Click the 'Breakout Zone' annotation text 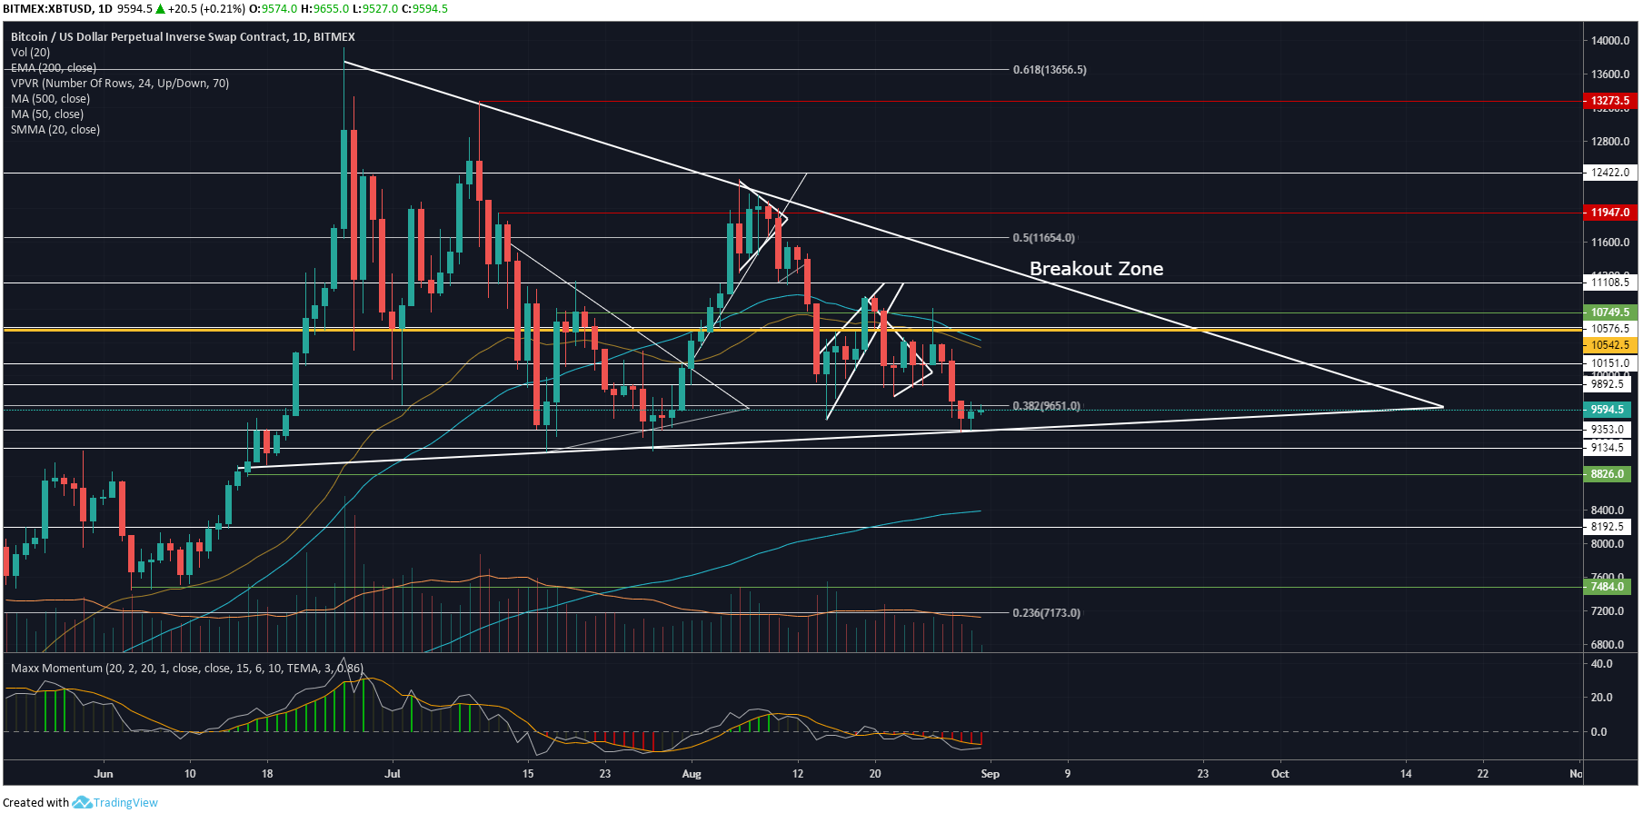click(x=1096, y=269)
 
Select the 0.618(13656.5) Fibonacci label click(x=1050, y=70)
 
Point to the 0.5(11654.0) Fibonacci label click(x=1043, y=238)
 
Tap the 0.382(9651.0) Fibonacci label click(x=1046, y=406)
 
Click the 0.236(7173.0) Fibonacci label click(x=1046, y=613)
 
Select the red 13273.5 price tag click(x=1609, y=101)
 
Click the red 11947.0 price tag click(x=1609, y=213)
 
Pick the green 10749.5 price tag click(x=1609, y=312)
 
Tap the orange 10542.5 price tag click(x=1609, y=345)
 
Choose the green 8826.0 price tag click(x=1607, y=474)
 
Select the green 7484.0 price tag click(x=1607, y=587)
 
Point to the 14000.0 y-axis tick click(x=1610, y=41)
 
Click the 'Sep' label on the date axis click(x=990, y=774)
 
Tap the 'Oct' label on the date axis click(x=1280, y=774)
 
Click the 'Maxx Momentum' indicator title click(x=56, y=669)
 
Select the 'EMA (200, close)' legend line click(x=54, y=68)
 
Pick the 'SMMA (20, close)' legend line click(x=55, y=130)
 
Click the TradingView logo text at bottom click(x=125, y=803)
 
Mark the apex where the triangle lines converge click(x=1443, y=407)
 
